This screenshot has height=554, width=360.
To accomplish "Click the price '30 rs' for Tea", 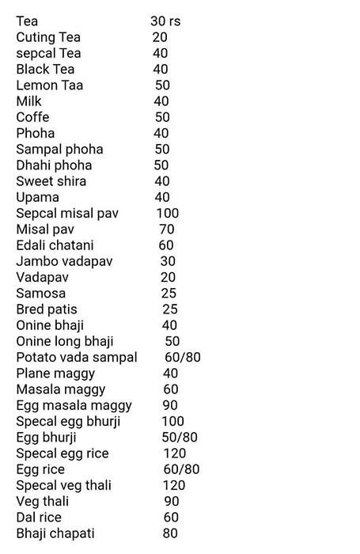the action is (165, 21).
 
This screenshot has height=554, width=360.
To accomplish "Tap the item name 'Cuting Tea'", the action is (48, 37).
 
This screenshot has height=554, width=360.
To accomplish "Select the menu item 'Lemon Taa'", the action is (49, 85).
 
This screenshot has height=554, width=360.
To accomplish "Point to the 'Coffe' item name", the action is (33, 117).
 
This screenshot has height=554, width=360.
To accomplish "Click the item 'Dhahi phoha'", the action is (54, 165).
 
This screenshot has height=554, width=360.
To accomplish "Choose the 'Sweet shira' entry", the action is (51, 181).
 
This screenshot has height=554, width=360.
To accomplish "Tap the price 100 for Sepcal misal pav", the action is (168, 214).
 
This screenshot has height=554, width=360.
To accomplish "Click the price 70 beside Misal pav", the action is (166, 230).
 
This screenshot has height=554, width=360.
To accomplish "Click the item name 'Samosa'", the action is (40, 294).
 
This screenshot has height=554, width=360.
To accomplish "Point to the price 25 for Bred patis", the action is (169, 309).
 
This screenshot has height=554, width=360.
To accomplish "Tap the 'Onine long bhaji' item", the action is (65, 341).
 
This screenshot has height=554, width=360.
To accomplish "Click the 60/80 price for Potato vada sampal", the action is (183, 358).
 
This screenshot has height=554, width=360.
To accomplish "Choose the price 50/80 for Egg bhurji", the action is (179, 438).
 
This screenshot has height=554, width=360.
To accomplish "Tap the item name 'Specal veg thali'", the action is (64, 485).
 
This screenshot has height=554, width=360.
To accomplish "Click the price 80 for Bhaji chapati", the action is (170, 533).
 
